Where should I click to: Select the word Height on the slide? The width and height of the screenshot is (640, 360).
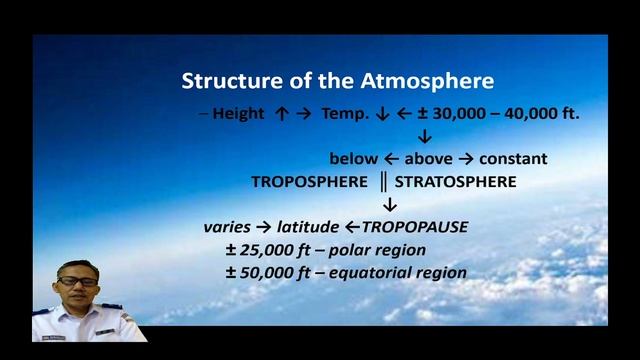[238, 114]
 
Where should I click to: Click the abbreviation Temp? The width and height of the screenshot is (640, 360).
[348, 114]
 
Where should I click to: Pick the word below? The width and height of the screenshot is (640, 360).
[354, 159]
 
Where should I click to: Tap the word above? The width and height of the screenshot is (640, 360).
[430, 159]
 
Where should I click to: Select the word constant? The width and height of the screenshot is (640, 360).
[513, 159]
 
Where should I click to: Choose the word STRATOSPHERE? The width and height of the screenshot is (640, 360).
[455, 182]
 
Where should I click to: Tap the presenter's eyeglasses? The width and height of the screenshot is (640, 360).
[78, 283]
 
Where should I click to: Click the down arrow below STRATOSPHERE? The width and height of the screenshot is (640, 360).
[391, 205]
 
